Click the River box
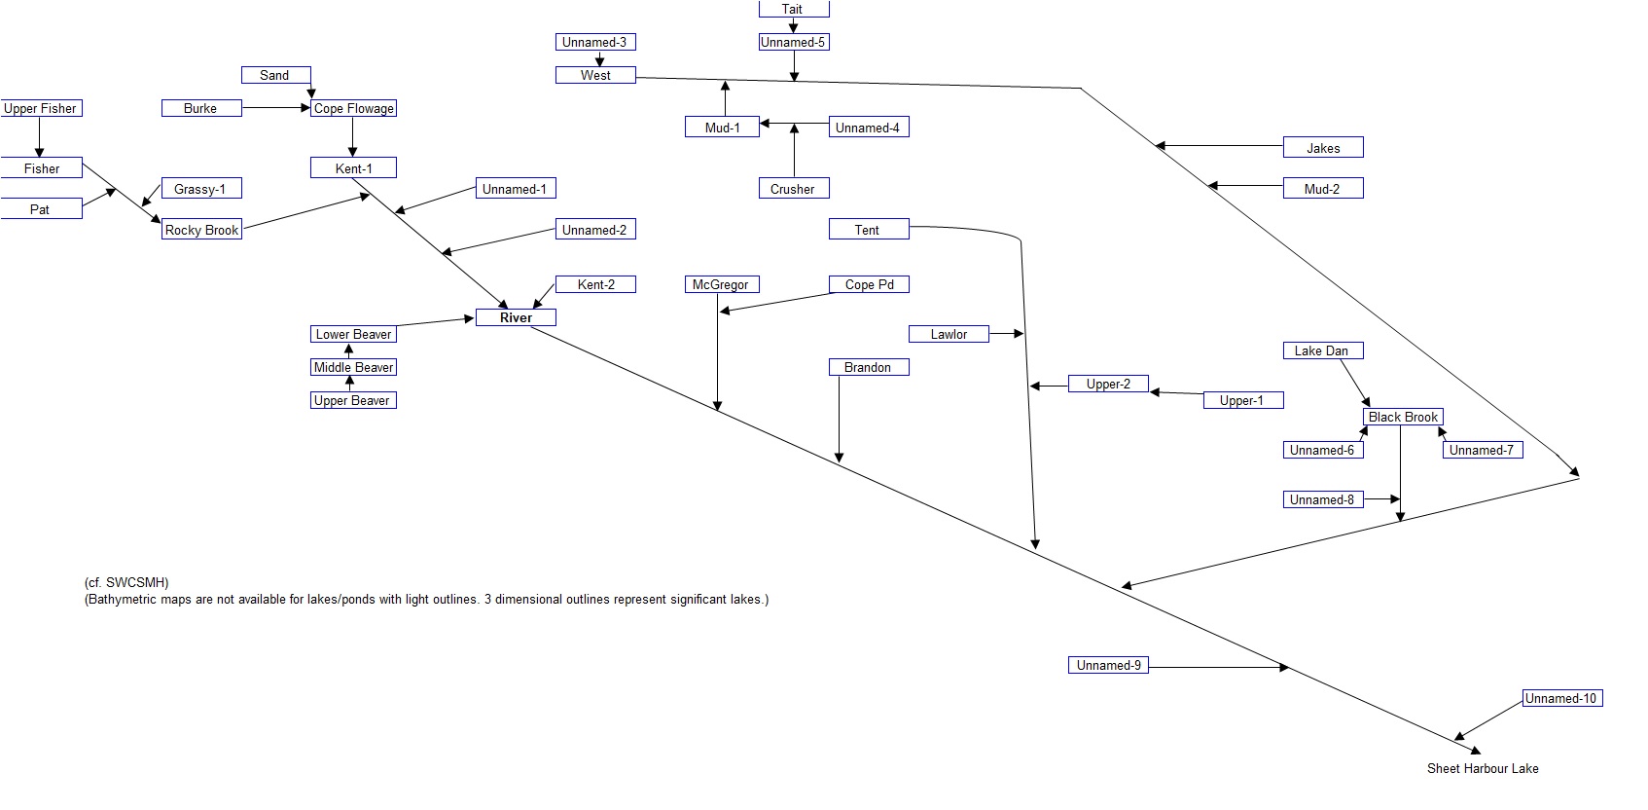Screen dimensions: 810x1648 [x=516, y=317]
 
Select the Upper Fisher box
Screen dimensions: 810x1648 [x=40, y=108]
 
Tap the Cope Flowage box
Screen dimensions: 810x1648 [x=353, y=108]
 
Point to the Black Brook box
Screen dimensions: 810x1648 [x=1402, y=417]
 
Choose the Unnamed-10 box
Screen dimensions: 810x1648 [x=1560, y=698]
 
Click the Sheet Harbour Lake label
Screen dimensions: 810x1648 [x=1482, y=768]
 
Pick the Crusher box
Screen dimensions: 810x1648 [x=793, y=189]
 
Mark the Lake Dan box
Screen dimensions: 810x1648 [x=1321, y=350]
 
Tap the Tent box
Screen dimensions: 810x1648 [x=868, y=230]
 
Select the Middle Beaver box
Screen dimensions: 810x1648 [x=353, y=367]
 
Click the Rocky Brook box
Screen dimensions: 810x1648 [x=201, y=230]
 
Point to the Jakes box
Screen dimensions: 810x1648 [x=1322, y=148]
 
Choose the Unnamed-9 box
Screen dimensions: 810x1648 [x=1108, y=665]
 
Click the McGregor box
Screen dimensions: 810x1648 [x=721, y=284]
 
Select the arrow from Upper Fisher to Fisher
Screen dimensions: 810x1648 [x=40, y=137]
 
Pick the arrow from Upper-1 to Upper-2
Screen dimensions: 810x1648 [x=1177, y=393]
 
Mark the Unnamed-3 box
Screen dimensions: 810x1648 [x=594, y=42]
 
